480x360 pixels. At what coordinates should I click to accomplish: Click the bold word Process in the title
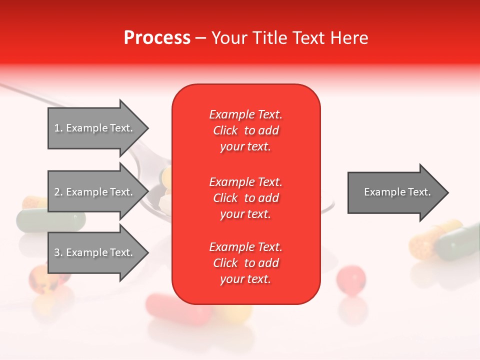[157, 38]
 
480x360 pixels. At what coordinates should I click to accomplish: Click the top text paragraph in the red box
[245, 130]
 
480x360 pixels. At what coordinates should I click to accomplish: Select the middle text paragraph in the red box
[245, 197]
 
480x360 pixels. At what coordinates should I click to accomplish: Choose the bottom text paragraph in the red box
[245, 263]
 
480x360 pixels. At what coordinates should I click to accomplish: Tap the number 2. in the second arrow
[58, 192]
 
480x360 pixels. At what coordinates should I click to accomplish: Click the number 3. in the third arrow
[58, 252]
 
